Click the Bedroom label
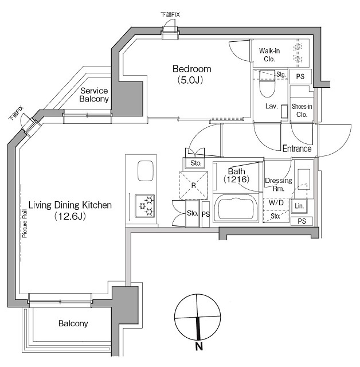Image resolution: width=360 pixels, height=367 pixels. point(189,75)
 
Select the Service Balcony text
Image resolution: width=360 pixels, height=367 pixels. point(94,95)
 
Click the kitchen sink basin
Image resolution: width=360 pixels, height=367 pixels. point(144,171)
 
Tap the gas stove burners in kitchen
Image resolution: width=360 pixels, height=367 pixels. point(144,205)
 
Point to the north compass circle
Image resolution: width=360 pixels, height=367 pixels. point(197,315)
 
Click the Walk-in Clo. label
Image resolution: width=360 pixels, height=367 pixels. point(269,55)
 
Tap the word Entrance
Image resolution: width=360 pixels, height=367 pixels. point(296,149)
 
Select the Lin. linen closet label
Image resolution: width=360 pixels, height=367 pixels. point(299,206)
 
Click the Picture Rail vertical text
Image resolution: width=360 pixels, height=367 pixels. point(25,224)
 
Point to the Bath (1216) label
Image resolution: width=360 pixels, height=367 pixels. point(236,175)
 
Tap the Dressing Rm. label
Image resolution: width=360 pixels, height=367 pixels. point(278,184)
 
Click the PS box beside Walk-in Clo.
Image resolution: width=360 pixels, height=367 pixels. point(300,76)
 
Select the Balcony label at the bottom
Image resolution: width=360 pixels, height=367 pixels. point(73,324)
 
